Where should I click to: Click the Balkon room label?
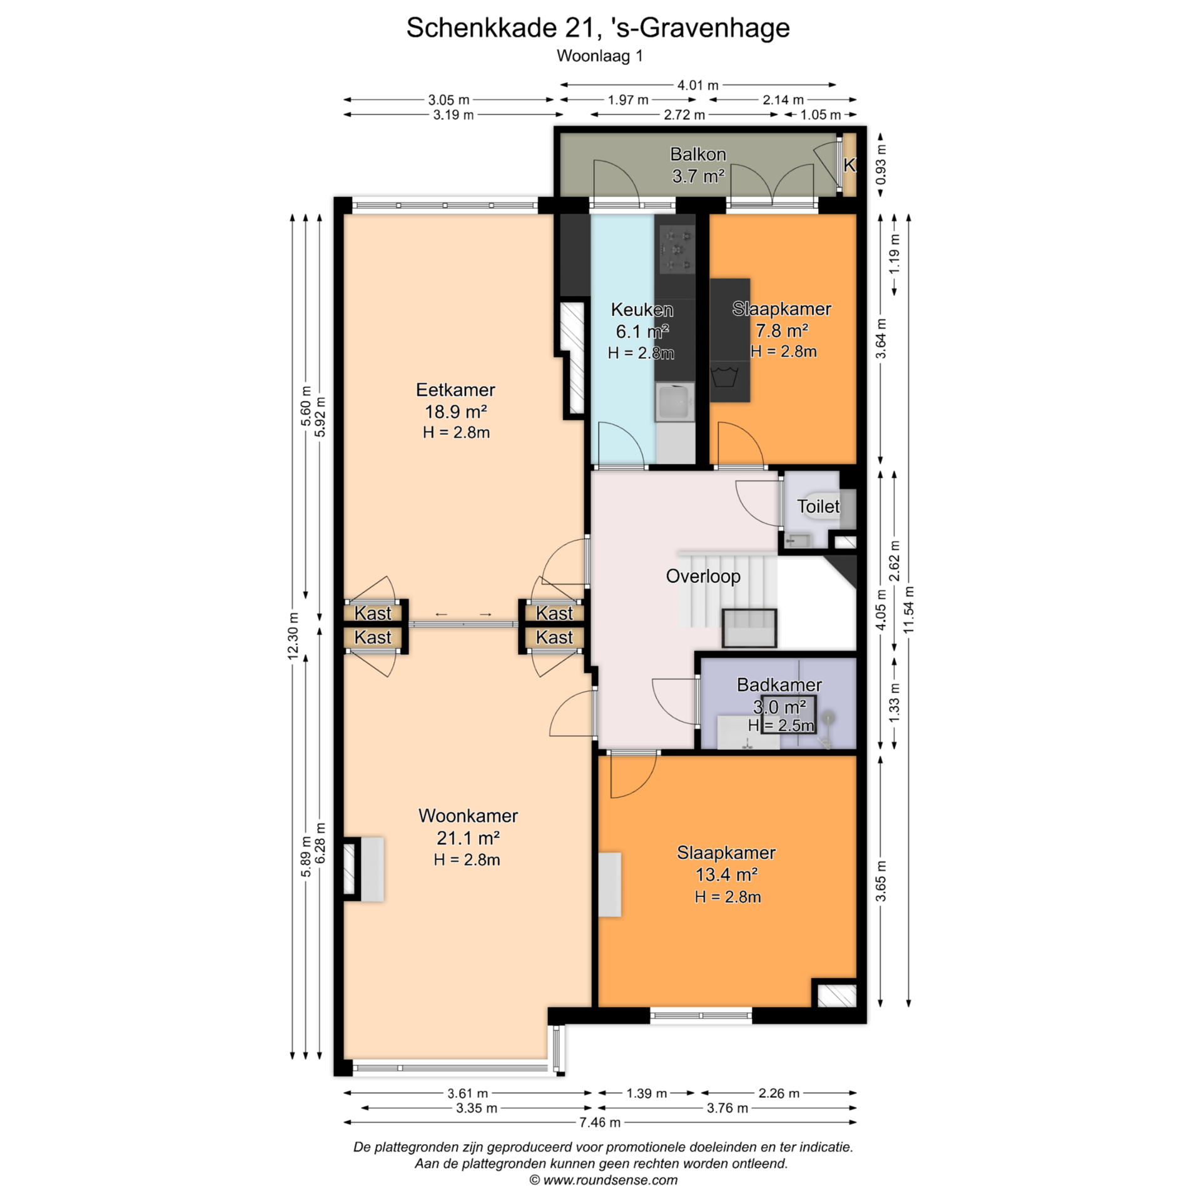click(x=698, y=154)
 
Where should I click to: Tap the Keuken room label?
click(x=642, y=310)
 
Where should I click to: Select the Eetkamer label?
click(x=455, y=390)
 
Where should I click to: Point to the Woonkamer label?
click(x=468, y=816)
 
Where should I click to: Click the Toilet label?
click(x=818, y=506)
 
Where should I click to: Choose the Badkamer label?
click(x=779, y=685)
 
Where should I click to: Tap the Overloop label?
click(x=703, y=576)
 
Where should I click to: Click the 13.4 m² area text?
click(x=727, y=874)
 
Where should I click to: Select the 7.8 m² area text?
click(x=782, y=330)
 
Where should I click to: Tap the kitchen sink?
click(x=675, y=402)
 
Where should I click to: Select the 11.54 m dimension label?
click(x=909, y=609)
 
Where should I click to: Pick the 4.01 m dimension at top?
click(x=698, y=84)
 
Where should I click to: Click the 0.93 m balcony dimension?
click(x=881, y=164)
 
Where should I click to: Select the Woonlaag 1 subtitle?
click(x=600, y=56)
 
